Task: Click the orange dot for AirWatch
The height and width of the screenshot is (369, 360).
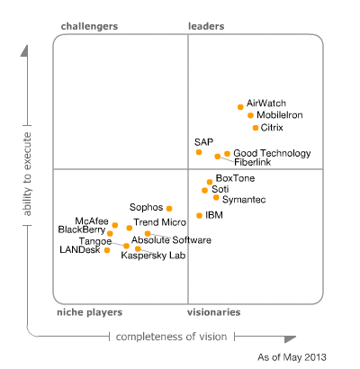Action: coord(240,106)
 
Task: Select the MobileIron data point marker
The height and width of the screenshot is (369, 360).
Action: coord(250,115)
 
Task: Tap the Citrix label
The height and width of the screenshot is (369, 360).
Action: coord(272,128)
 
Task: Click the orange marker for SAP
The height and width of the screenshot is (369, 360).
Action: coord(199,152)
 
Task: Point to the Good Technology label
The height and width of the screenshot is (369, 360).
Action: coord(273,154)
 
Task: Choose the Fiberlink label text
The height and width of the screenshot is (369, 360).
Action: coord(254,162)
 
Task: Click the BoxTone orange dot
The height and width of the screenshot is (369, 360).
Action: coord(210,181)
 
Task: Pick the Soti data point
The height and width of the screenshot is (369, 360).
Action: coord(203,189)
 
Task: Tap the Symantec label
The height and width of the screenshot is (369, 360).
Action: coord(244,199)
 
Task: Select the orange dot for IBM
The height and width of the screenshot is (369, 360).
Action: coord(199,215)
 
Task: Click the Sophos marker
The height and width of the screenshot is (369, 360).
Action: coord(169,208)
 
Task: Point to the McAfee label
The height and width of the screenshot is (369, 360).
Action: coord(93,220)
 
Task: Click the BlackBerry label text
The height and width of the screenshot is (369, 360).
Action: coord(82,229)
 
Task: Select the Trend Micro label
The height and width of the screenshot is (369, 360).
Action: coord(159,221)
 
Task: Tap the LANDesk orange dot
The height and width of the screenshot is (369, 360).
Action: coord(107,250)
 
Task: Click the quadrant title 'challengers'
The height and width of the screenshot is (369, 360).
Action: coord(89,27)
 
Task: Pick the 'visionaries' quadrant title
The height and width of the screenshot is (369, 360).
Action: coord(213,312)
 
